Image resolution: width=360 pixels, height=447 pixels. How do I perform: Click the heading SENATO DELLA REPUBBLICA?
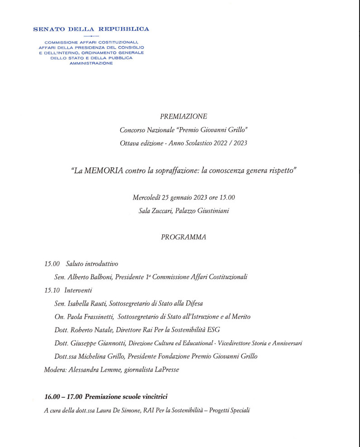[x=91, y=29]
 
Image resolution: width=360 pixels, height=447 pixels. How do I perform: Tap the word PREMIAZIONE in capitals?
[x=183, y=117]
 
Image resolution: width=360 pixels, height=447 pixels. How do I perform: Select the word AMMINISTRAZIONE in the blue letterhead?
[x=91, y=63]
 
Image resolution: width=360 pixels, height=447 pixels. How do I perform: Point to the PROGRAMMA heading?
[x=183, y=237]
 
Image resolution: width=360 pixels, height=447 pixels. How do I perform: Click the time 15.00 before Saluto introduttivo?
[x=52, y=264]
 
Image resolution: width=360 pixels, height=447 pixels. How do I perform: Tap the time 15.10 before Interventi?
[x=52, y=290]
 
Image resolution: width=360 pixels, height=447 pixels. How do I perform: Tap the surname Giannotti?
[x=114, y=343]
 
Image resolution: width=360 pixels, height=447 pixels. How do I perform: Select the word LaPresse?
[x=166, y=370]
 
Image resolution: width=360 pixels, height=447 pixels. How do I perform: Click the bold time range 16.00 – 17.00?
[x=63, y=397]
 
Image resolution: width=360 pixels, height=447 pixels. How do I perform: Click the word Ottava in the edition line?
[x=129, y=143]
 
